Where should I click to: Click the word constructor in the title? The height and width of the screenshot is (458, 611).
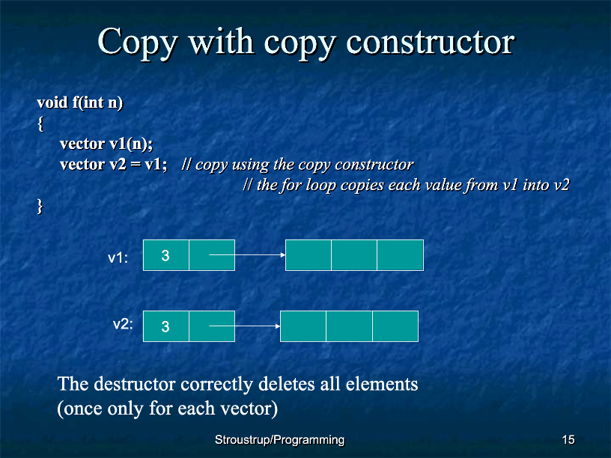(x=431, y=42)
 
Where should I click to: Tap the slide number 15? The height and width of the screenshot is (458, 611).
(x=568, y=440)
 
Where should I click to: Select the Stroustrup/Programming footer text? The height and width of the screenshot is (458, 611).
(x=279, y=440)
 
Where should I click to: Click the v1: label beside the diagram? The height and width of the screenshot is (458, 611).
(x=118, y=258)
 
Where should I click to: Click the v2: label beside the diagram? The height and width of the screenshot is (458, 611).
(x=123, y=324)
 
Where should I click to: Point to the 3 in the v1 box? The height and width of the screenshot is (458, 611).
(x=165, y=255)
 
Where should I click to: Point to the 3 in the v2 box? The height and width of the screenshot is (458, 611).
(x=165, y=326)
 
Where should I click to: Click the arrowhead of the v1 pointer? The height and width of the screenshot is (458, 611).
(x=283, y=254)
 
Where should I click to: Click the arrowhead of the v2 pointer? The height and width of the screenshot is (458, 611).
(x=278, y=326)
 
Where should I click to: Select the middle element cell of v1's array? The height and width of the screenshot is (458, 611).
(x=354, y=255)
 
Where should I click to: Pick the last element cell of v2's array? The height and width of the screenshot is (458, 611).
(x=395, y=326)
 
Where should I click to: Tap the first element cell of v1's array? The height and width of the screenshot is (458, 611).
(x=308, y=255)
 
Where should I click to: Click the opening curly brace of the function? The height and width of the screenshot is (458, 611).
(x=40, y=123)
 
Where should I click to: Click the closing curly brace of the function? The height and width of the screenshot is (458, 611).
(x=40, y=206)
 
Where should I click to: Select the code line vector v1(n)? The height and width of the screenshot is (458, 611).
(x=106, y=144)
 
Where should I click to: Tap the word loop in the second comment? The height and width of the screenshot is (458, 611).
(x=321, y=186)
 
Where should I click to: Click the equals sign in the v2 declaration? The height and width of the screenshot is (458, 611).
(x=136, y=165)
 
